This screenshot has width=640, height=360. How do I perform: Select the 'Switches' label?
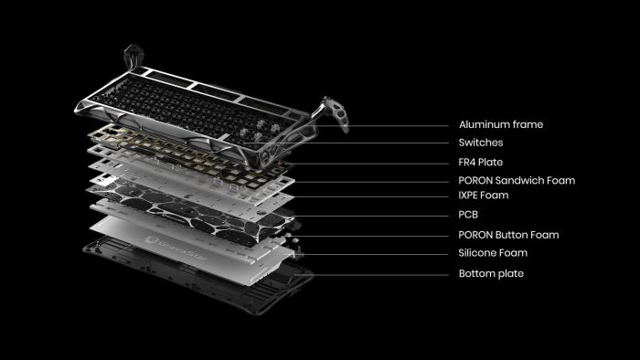point(480,143)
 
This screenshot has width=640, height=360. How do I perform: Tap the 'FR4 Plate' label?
point(481,162)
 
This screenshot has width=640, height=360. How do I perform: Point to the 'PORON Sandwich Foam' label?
point(516,180)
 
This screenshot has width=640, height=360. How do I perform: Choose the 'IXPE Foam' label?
point(483,196)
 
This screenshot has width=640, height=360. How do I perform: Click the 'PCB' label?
point(468,216)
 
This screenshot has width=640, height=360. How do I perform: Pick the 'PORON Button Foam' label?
point(508,235)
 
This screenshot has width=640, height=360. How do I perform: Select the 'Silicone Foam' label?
point(493,253)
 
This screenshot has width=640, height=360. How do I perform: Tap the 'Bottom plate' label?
point(491,273)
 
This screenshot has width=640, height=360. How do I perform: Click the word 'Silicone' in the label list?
point(479,253)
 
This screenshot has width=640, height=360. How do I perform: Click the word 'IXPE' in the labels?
point(470,196)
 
